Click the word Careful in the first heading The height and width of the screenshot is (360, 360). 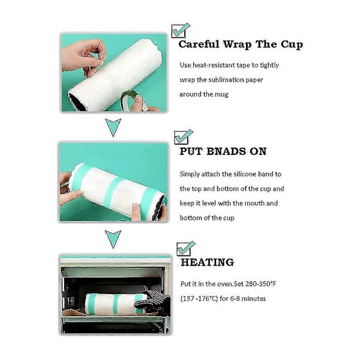[x=199, y=44]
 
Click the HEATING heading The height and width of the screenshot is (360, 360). [x=208, y=262]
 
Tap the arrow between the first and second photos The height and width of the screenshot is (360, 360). [x=113, y=127]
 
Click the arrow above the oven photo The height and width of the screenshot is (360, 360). [x=113, y=239]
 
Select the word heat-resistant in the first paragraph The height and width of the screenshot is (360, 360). [x=214, y=65]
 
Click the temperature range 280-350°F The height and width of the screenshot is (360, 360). [x=260, y=284]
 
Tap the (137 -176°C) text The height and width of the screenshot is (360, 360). [x=199, y=299]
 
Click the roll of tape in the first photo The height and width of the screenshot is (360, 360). [x=134, y=100]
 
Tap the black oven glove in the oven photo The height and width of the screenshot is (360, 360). [x=152, y=301]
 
